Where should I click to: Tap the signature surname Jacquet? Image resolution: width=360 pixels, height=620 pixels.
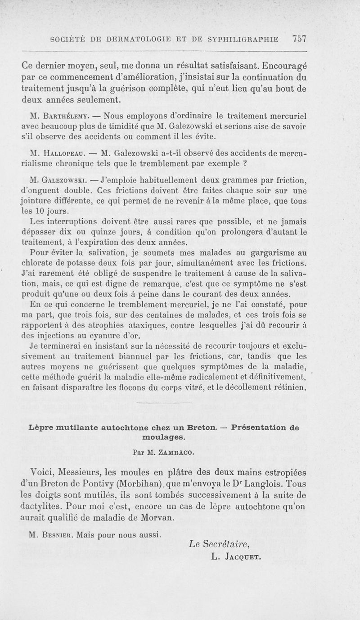point(243,557)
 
